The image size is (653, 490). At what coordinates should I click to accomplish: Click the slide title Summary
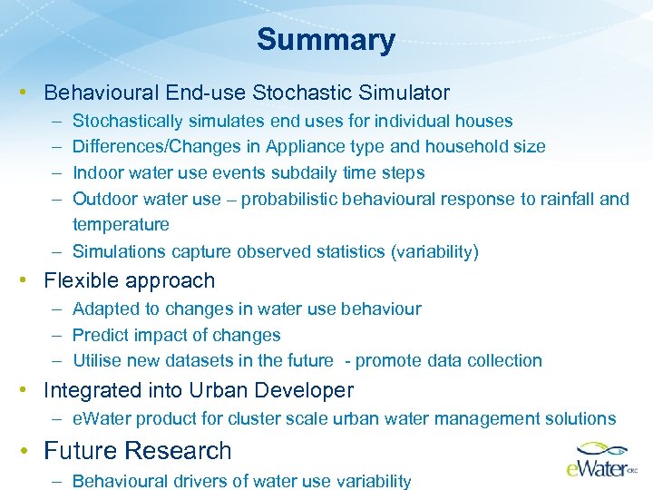326,40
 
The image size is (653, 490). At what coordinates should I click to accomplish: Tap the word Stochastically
127,121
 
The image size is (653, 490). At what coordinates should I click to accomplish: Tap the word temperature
121,224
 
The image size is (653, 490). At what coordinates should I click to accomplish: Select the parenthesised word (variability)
434,251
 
